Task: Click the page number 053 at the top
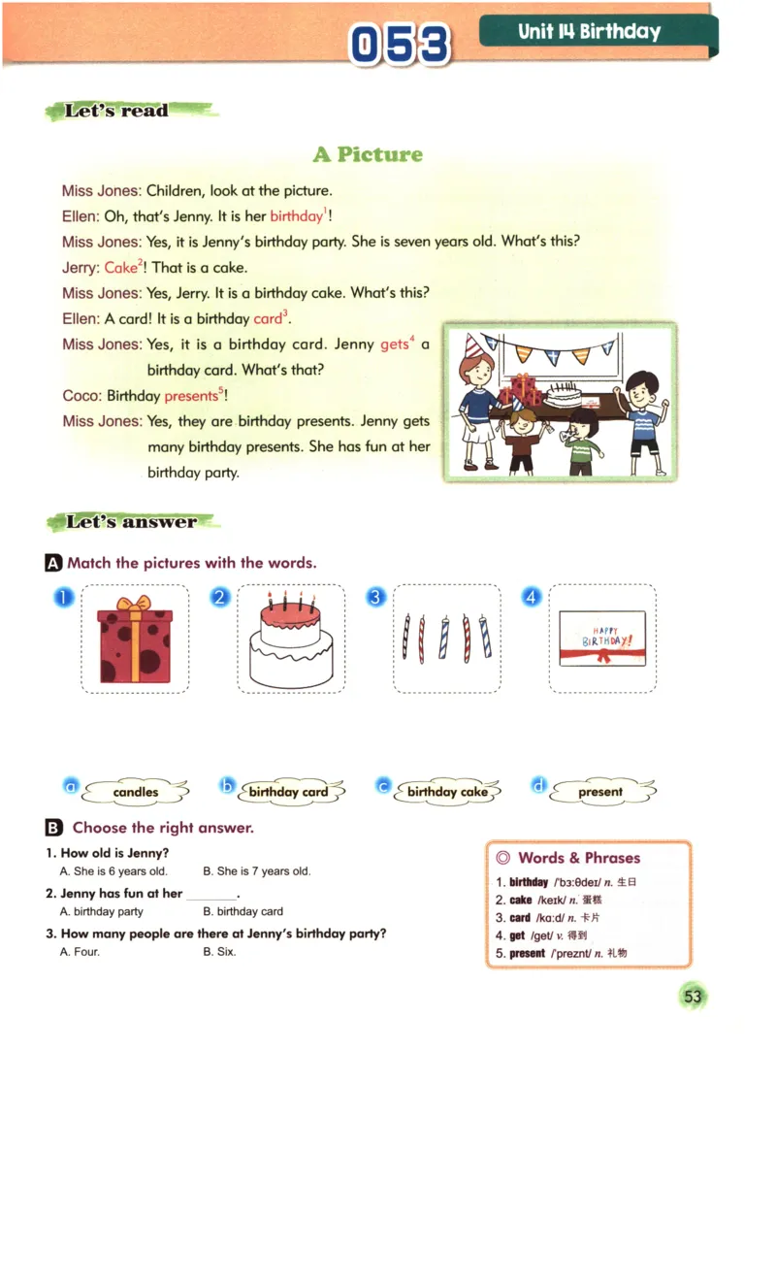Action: [x=402, y=45]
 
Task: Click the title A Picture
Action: [x=368, y=154]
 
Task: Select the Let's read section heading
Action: [x=117, y=111]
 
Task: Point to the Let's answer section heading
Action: [x=131, y=522]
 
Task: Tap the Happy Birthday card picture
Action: [x=602, y=639]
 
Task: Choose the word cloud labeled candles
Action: [x=136, y=792]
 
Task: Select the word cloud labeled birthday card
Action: [x=288, y=792]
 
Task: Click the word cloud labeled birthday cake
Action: [x=447, y=792]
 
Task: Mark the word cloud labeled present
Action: [x=600, y=792]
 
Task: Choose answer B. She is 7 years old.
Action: [x=256, y=871]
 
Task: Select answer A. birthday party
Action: [x=102, y=911]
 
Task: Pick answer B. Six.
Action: [x=219, y=952]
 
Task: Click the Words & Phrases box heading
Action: [x=579, y=858]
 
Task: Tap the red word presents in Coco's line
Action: [x=191, y=396]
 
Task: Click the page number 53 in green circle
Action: [x=693, y=997]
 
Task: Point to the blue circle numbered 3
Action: [x=376, y=598]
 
